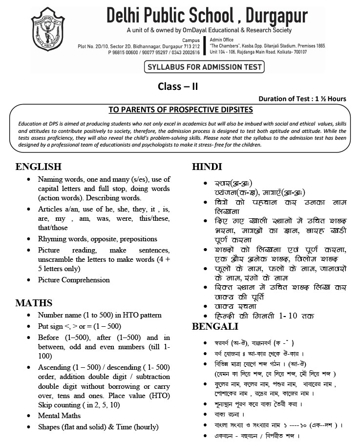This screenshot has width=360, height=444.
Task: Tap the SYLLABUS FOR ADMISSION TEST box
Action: pos(203,67)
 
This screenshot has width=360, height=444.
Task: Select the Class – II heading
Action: pos(177,86)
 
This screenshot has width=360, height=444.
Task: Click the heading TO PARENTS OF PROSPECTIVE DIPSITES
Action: pos(180,109)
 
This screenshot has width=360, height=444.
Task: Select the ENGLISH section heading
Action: pos(38,167)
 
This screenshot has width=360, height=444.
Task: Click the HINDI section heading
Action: pos(207,167)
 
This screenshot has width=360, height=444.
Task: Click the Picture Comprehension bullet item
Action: pos(74,280)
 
